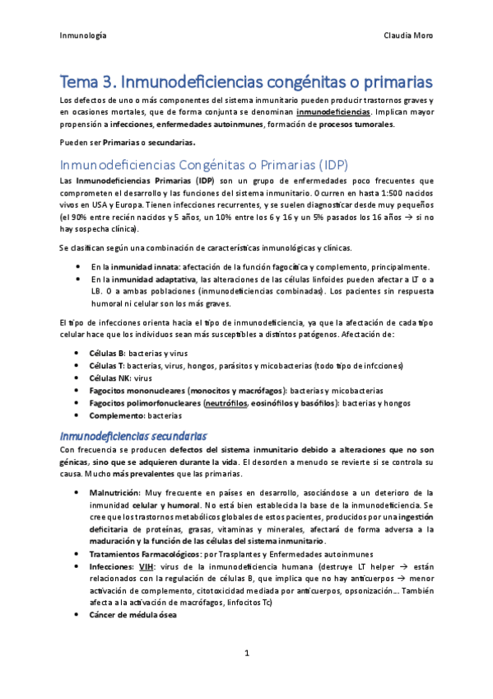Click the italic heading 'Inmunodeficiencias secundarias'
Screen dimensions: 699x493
(134, 434)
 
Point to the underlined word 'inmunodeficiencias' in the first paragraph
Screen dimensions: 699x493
(332, 112)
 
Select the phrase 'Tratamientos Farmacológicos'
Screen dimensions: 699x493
(146, 554)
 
